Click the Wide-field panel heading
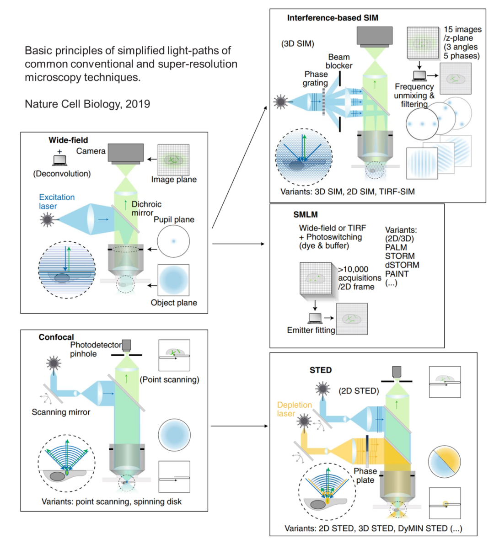pos(68,140)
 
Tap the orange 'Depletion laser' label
pos(294,409)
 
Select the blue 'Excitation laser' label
pos(56,202)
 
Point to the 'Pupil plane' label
pos(174,219)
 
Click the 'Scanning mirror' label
pos(61,412)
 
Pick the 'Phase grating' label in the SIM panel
pos(316,78)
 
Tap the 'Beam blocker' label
pos(339,61)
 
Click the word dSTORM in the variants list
pos(402,265)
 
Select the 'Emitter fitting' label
pos(311,330)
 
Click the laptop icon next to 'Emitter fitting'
pos(315,318)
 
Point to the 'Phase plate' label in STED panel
pos(365,475)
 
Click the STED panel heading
pos(321,370)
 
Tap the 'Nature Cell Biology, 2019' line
pos(87,104)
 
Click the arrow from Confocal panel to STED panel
pos(239,426)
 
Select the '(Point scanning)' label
pos(170,379)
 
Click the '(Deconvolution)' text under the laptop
pos(62,174)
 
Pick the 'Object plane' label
pos(174,303)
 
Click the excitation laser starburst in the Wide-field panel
pos(47,220)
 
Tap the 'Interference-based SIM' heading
pos(333,18)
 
